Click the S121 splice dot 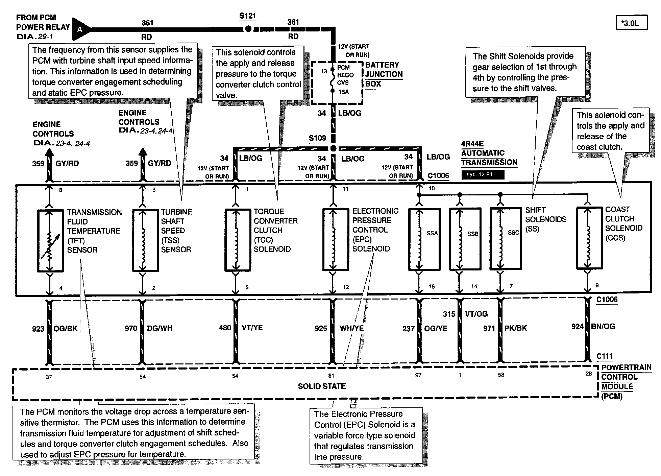click(248, 29)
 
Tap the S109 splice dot click(333, 148)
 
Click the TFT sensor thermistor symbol click(50, 240)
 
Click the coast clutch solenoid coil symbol click(588, 238)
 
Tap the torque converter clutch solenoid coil click(236, 240)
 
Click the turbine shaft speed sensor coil click(143, 240)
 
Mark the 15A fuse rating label click(344, 92)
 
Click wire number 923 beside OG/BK click(38, 329)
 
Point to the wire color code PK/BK click(515, 328)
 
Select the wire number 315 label click(449, 314)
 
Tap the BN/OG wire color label click(603, 327)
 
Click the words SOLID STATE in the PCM click(322, 386)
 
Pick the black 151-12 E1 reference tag click(483, 175)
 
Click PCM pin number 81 click(331, 376)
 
